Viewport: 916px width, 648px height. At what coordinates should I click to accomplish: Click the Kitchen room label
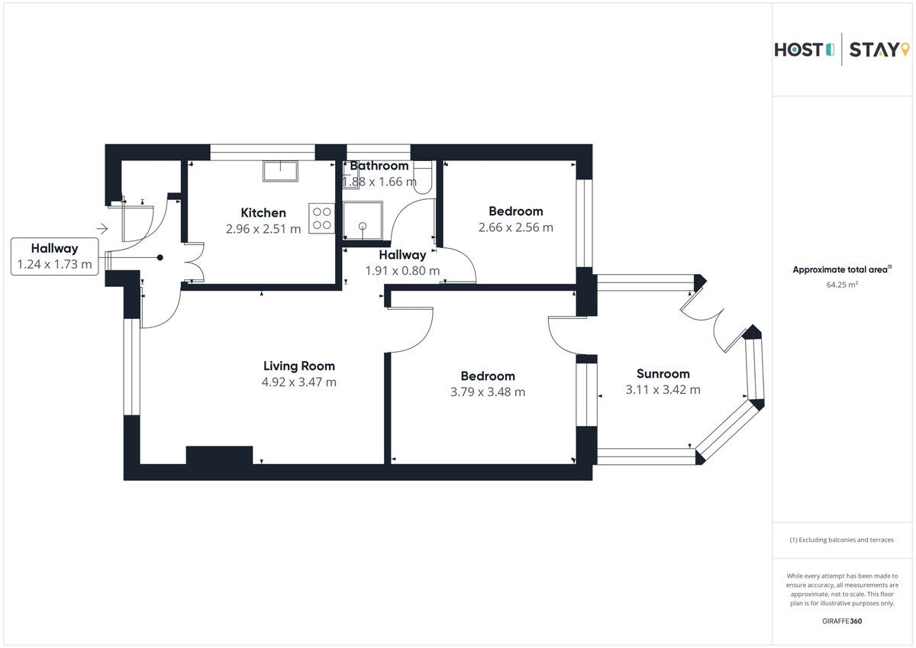(263, 213)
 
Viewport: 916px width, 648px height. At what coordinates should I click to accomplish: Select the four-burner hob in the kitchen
(321, 218)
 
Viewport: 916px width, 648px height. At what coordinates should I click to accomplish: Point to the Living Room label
(299, 366)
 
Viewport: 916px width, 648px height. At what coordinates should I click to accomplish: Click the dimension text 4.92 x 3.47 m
(299, 382)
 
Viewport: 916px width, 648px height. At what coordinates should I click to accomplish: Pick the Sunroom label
(663, 374)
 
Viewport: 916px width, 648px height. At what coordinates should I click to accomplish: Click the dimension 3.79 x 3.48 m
(488, 392)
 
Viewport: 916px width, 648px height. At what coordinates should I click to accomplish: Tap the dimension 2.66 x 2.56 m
(516, 227)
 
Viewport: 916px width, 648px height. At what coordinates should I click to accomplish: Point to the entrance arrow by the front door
(102, 227)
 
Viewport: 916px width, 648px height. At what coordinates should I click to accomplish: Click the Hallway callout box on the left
(54, 256)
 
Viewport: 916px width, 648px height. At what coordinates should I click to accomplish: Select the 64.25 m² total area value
(842, 285)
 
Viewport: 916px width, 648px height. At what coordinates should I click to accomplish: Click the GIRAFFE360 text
(842, 621)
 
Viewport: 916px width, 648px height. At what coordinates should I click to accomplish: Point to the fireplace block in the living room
(219, 455)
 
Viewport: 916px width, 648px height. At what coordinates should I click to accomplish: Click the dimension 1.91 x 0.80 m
(402, 270)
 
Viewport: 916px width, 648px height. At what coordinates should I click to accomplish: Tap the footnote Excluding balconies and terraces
(842, 540)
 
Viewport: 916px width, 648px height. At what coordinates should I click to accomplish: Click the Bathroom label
(379, 166)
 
